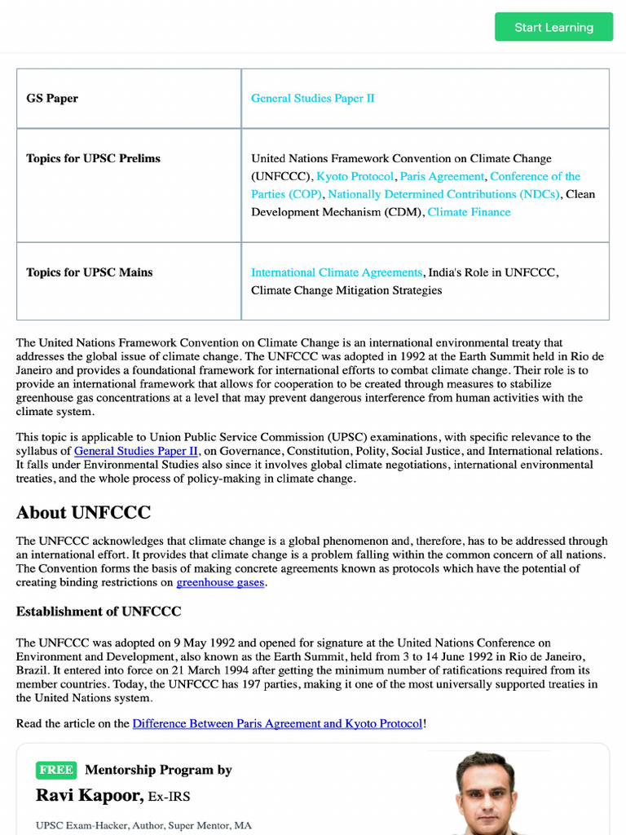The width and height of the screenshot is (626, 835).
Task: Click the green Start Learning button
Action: pyautogui.click(x=553, y=27)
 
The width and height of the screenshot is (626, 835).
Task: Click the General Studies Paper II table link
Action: pyautogui.click(x=313, y=99)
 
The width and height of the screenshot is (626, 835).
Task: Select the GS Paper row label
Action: pyautogui.click(x=52, y=99)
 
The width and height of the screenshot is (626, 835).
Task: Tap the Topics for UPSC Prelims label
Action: pyautogui.click(x=93, y=158)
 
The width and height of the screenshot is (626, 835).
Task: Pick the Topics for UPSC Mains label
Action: pyautogui.click(x=89, y=272)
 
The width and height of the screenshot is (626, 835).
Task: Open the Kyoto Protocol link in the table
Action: pyautogui.click(x=355, y=176)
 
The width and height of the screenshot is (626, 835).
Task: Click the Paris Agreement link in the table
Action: pyautogui.click(x=441, y=176)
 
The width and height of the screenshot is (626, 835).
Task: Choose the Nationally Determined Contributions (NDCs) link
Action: pyautogui.click(x=443, y=194)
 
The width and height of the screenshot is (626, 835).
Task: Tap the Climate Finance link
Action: pyautogui.click(x=469, y=212)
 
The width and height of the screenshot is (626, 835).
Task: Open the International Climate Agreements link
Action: pyautogui.click(x=337, y=272)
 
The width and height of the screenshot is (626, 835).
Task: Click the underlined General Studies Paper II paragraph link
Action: pyautogui.click(x=136, y=451)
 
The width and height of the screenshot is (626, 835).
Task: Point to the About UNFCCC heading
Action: pyautogui.click(x=83, y=513)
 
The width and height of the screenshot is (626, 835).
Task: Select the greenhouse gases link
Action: pyautogui.click(x=220, y=583)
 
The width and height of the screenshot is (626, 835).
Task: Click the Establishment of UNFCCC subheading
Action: pyautogui.click(x=99, y=612)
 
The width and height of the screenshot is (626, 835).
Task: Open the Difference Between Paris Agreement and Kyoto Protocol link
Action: pyautogui.click(x=277, y=724)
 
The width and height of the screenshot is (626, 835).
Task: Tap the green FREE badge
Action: pyautogui.click(x=56, y=770)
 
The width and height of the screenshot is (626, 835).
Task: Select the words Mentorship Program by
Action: pyautogui.click(x=158, y=770)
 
